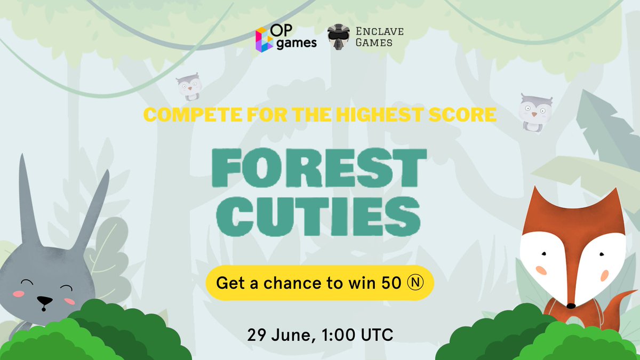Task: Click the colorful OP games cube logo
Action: click(265, 39)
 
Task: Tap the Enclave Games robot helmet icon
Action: click(339, 37)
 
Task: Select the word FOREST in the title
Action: click(319, 167)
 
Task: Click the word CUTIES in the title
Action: click(318, 217)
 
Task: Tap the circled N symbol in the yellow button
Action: click(415, 283)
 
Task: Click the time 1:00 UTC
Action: click(357, 335)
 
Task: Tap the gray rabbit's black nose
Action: click(45, 300)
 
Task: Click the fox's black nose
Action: click(571, 306)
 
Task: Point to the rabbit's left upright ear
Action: click(29, 200)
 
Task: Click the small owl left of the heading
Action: click(189, 87)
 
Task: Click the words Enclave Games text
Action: click(379, 37)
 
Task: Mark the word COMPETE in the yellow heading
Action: click(193, 115)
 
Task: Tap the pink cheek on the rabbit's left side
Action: click(19, 294)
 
